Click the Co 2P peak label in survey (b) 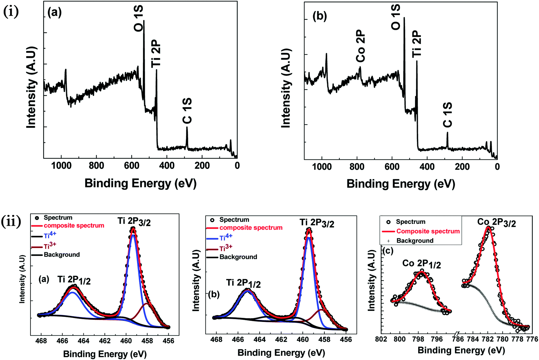[x=361, y=46]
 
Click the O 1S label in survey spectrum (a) [x=138, y=18]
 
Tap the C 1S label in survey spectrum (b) [x=447, y=115]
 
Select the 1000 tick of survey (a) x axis [x=61, y=165]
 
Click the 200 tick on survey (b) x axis [x=462, y=166]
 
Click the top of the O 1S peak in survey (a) [x=144, y=21]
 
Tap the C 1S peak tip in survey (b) [x=447, y=133]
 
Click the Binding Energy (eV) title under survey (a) [x=140, y=183]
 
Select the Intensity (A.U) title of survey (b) [x=285, y=88]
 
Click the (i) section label [x=11, y=12]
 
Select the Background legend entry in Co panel [x=415, y=241]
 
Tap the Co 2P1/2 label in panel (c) [x=421, y=264]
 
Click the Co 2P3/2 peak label [x=497, y=222]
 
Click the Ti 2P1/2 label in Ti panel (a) [x=74, y=280]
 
